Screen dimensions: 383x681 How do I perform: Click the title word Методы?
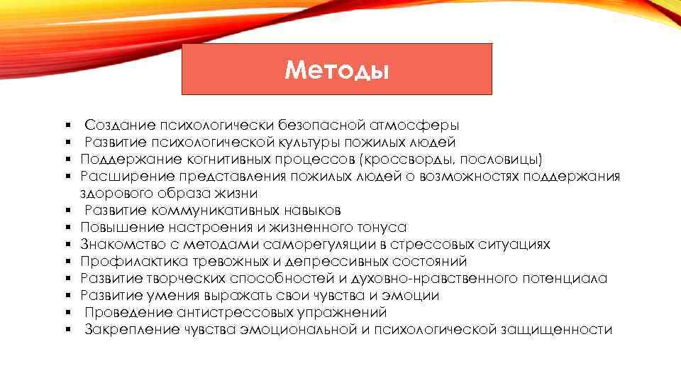tap(336, 70)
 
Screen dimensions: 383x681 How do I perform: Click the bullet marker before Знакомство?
tap(65, 245)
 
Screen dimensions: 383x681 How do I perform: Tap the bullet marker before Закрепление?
tap(65, 330)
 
